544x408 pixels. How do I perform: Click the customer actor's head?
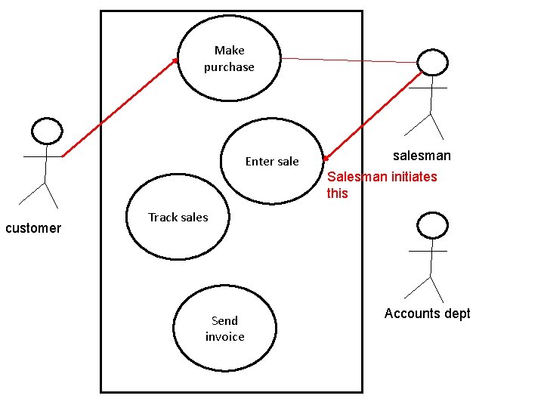coord(47,131)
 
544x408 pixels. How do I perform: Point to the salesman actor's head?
coord(433,63)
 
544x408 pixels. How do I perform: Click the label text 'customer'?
coord(33,228)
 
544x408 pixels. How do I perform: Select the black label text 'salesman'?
coord(422,156)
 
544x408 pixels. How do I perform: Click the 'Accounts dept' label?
coord(427,314)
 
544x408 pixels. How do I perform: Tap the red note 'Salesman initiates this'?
coord(381,184)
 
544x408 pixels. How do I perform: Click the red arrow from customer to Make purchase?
coord(119,108)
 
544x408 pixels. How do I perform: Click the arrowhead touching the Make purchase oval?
coord(176,60)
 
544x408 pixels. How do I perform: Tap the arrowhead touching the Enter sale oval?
coord(326,159)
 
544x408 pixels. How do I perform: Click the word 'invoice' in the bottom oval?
coord(224,337)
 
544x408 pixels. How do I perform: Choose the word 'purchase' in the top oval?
coord(229,67)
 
